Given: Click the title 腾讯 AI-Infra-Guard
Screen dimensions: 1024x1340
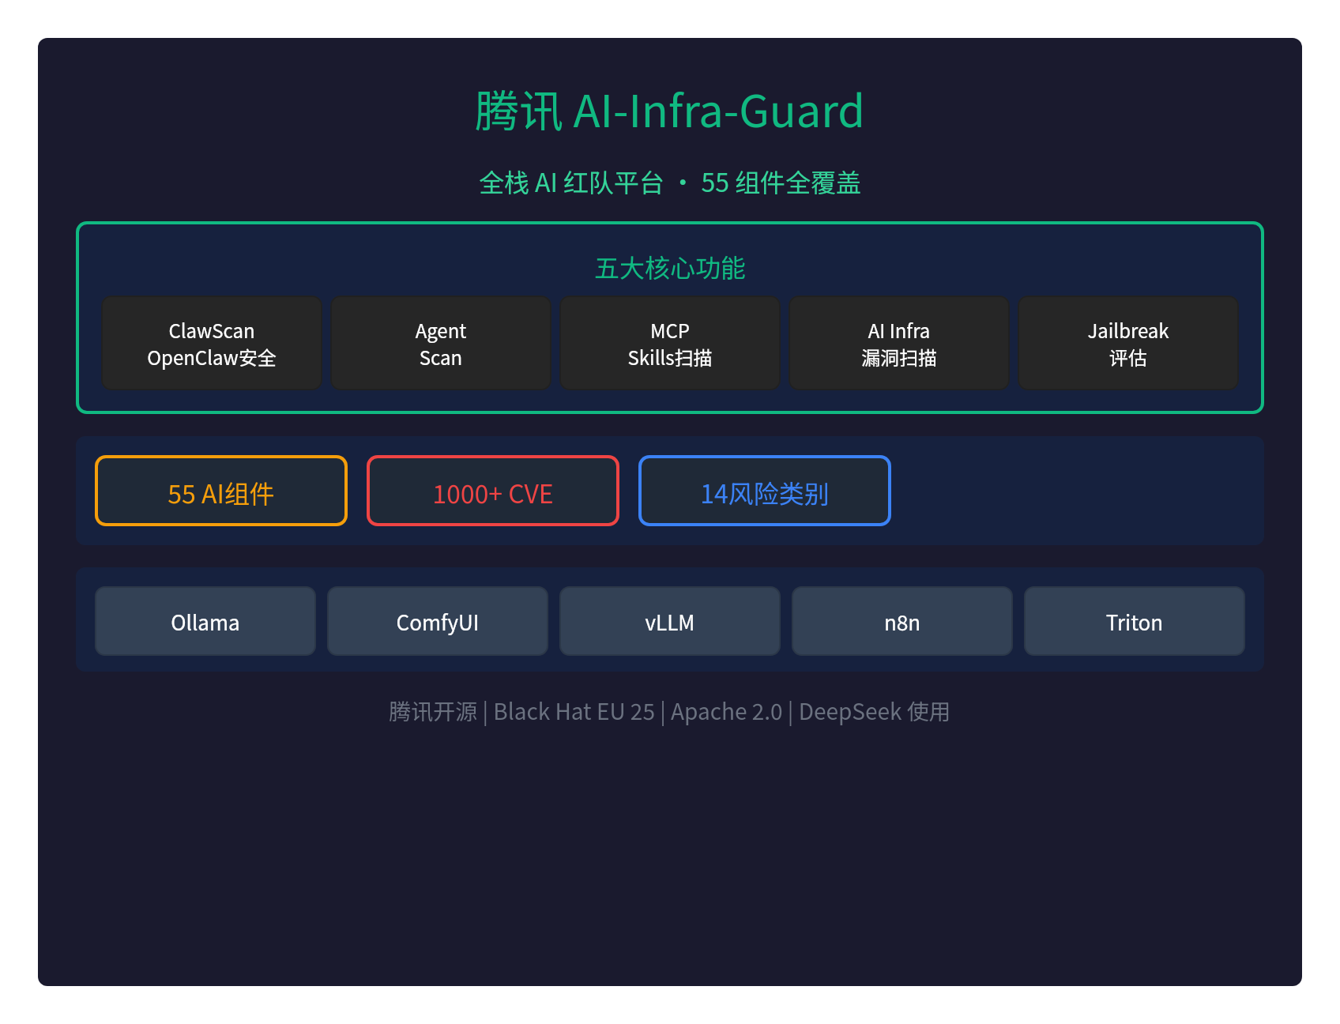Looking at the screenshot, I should click(x=669, y=111).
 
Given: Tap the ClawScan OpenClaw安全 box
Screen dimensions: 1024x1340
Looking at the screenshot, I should click(x=212, y=343).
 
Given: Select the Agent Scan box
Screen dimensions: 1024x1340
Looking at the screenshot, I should click(x=441, y=343).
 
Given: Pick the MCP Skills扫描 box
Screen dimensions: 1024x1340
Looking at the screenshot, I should click(x=670, y=343).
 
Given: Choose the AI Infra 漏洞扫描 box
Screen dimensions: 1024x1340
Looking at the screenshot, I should click(x=899, y=343).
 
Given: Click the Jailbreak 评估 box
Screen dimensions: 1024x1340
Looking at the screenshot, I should click(x=1128, y=343).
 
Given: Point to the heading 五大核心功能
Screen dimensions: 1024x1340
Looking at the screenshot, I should click(x=670, y=269).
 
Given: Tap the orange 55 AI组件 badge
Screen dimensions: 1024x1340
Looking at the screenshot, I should click(x=221, y=491).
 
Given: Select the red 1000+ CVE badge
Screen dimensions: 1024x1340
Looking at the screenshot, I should click(x=493, y=491).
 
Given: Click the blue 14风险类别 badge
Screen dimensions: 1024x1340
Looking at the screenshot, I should click(x=765, y=491).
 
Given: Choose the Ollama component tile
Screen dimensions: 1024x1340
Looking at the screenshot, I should click(x=205, y=621).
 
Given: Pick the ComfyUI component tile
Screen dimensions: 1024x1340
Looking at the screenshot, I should click(x=438, y=621).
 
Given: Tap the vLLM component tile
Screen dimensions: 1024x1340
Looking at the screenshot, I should click(x=670, y=621).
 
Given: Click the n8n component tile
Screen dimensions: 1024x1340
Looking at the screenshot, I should click(x=902, y=621).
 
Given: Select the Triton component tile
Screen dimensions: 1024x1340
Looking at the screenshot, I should click(x=1135, y=621).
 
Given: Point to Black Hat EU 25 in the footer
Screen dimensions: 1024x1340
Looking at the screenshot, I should click(x=574, y=712).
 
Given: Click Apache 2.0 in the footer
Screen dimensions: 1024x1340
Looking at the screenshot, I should click(x=726, y=712).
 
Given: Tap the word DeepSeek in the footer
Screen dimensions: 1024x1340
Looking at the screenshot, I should click(x=850, y=712).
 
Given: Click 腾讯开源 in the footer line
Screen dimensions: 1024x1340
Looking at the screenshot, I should click(x=433, y=712).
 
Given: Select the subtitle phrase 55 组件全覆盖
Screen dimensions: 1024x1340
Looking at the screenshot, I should click(x=781, y=183).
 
